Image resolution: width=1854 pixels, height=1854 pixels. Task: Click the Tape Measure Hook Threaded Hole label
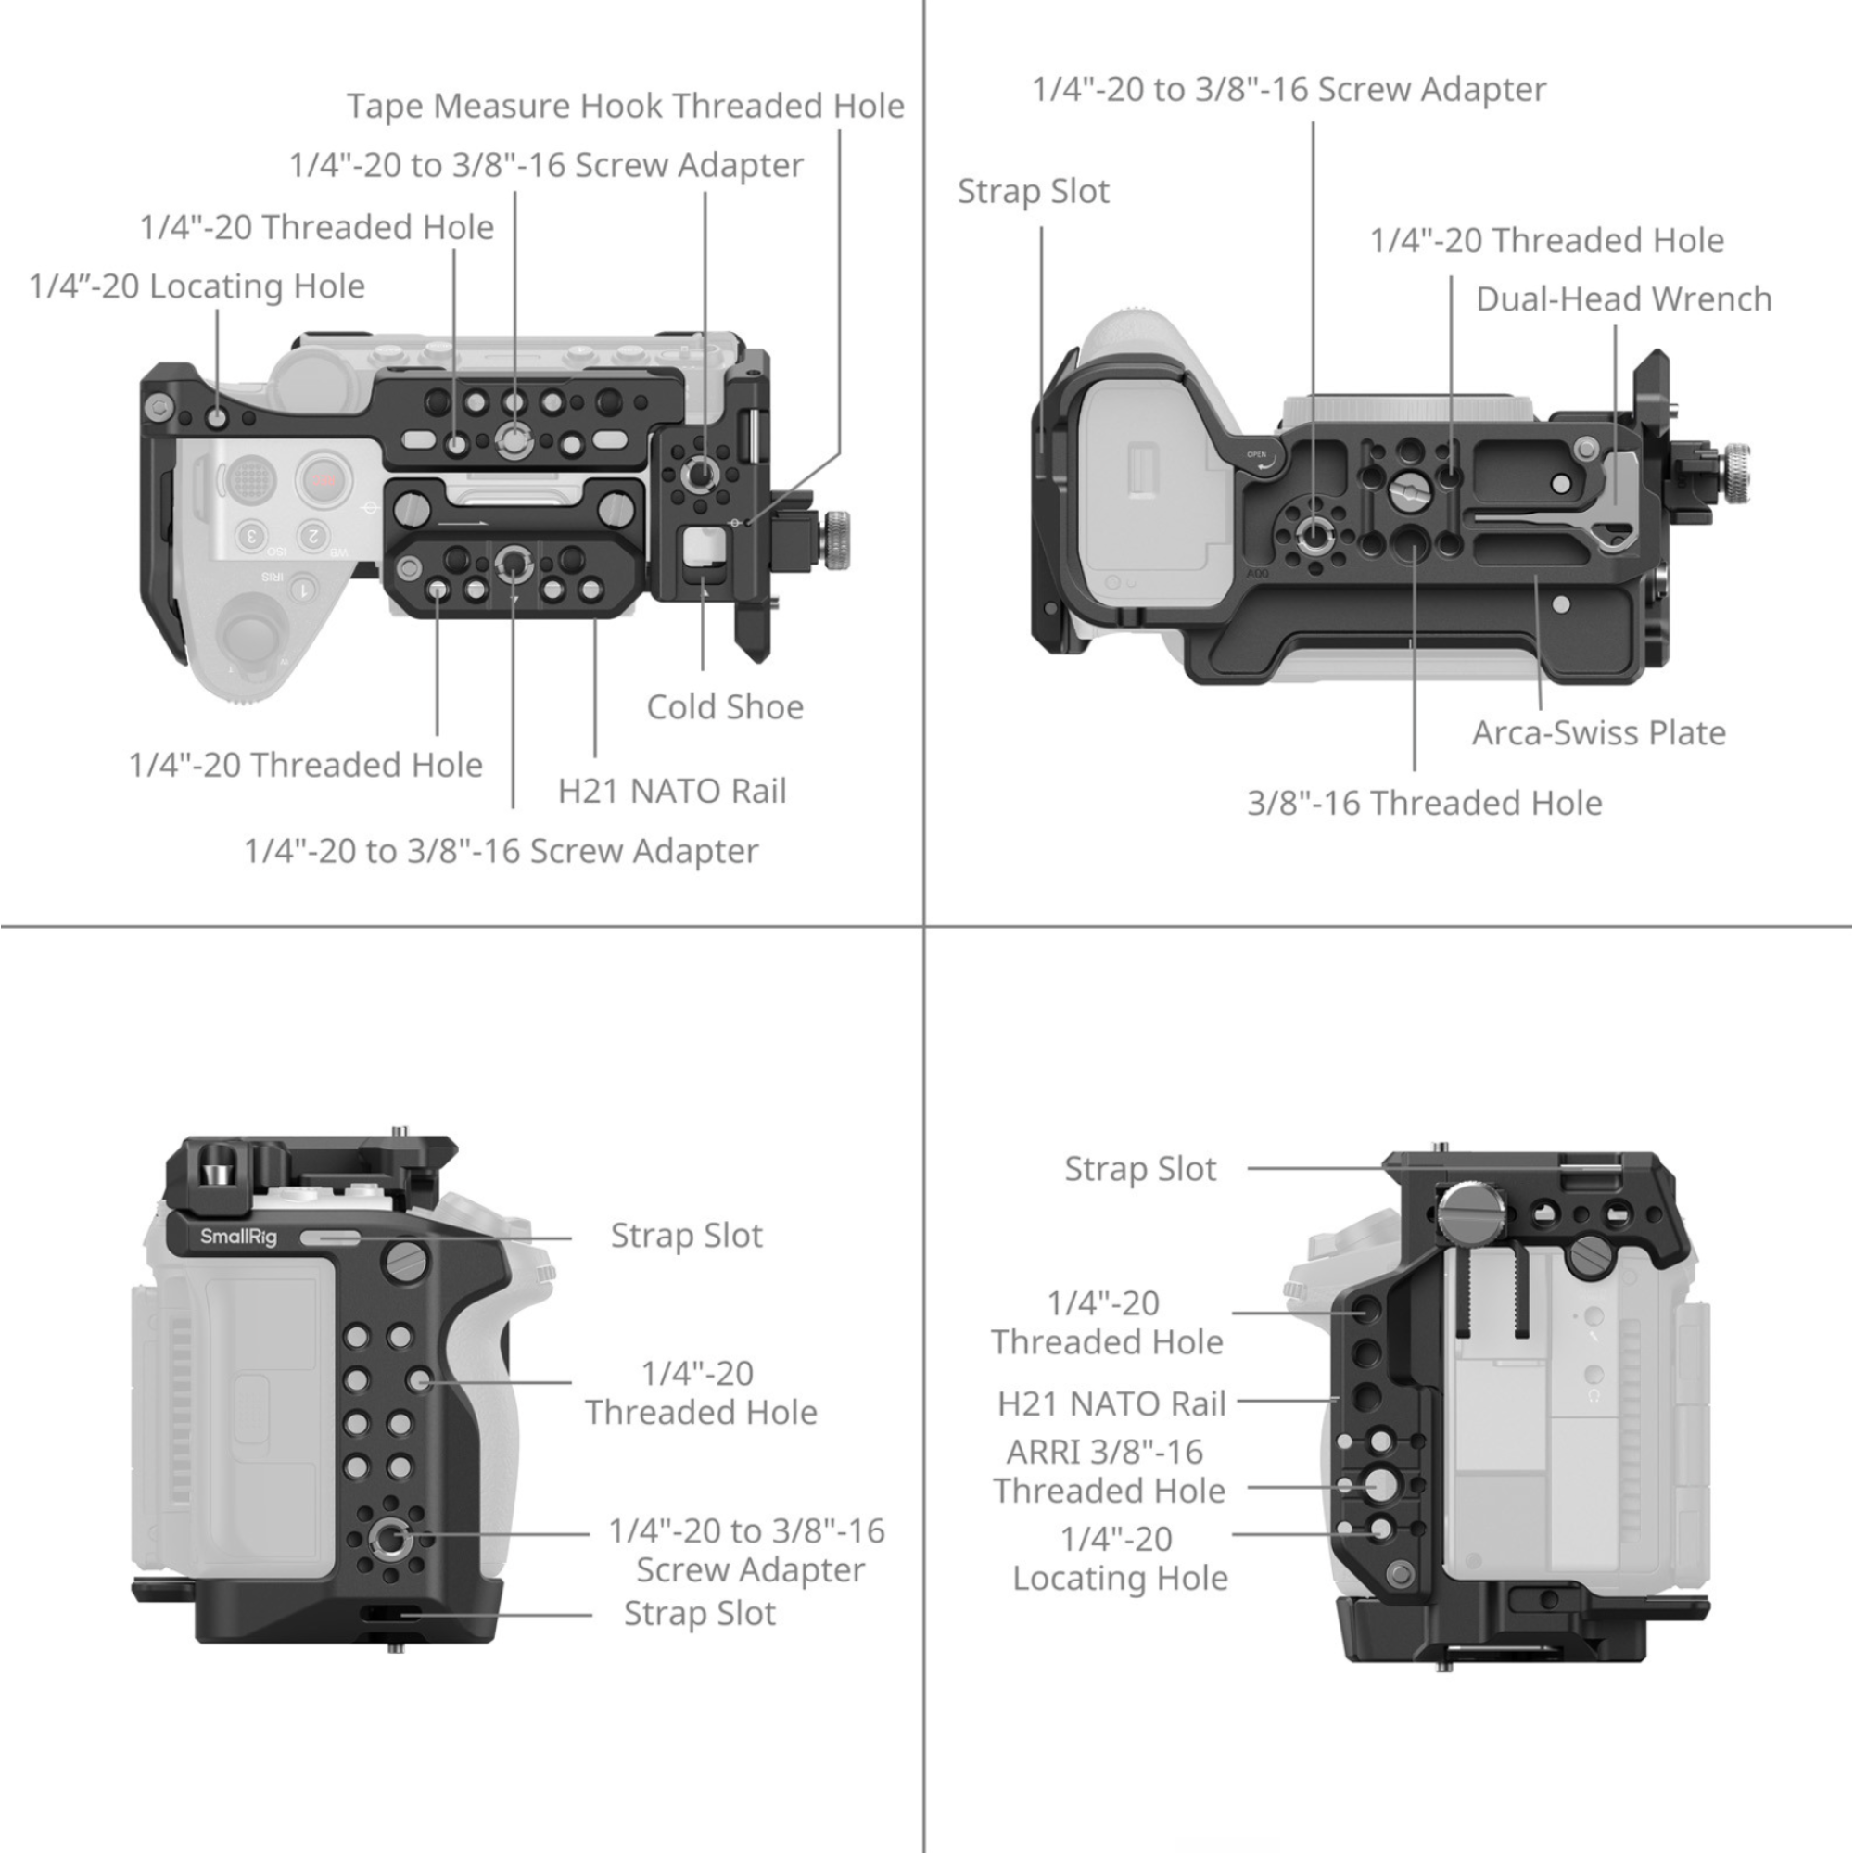(625, 106)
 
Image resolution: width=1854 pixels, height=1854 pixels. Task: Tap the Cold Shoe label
(725, 707)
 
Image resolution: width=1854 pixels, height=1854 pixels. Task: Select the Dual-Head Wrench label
(1624, 299)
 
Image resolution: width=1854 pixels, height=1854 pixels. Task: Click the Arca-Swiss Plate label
(1599, 733)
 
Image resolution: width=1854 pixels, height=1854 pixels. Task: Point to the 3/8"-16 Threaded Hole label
(1424, 803)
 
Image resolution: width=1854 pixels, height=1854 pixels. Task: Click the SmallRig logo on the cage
(238, 1237)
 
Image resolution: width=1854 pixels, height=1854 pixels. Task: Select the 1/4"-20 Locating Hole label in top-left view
(197, 286)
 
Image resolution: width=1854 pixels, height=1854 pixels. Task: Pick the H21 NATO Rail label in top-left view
(672, 792)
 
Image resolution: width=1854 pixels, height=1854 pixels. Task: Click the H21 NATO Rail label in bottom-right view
(1111, 1403)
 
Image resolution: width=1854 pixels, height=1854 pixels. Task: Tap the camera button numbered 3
(251, 535)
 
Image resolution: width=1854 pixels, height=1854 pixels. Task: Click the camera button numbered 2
(312, 535)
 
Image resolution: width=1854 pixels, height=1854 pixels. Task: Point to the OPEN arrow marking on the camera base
(1261, 460)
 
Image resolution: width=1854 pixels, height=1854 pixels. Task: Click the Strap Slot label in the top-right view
(1034, 192)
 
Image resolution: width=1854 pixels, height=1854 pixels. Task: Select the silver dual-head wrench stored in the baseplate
(1616, 499)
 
